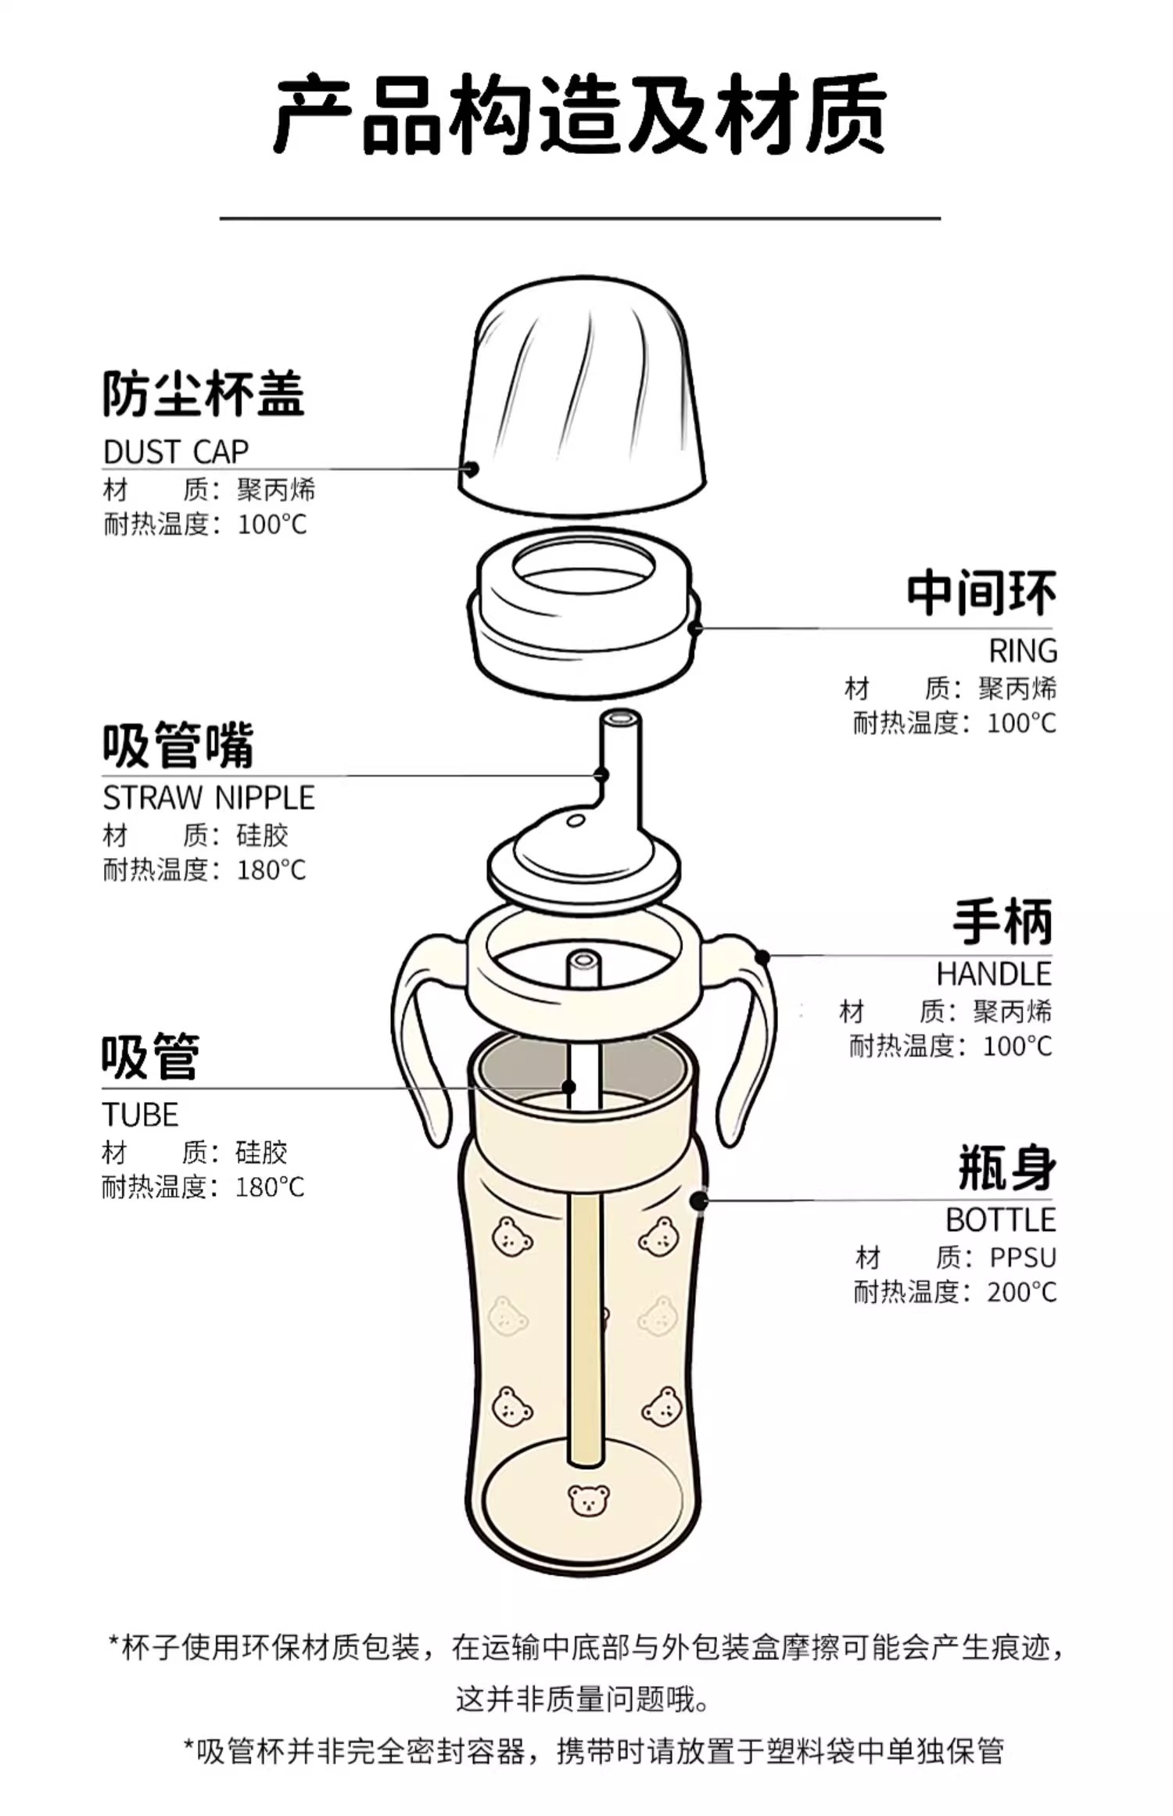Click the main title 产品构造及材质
[x=579, y=114]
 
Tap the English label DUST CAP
[x=176, y=452]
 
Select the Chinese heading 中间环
[x=981, y=594]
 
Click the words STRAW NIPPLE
[x=209, y=798]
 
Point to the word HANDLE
[x=994, y=974]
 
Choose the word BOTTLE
[x=1000, y=1220]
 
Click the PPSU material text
[x=1023, y=1258]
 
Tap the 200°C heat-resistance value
[x=1021, y=1292]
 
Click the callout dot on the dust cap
[x=471, y=469]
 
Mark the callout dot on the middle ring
[x=695, y=628]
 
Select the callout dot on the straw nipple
[x=601, y=775]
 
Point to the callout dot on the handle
[x=762, y=956]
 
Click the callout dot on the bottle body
[x=698, y=1200]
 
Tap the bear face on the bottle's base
[x=588, y=1499]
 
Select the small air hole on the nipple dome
[x=576, y=820]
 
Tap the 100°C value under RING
[x=1021, y=723]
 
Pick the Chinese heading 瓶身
[x=1007, y=1168]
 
